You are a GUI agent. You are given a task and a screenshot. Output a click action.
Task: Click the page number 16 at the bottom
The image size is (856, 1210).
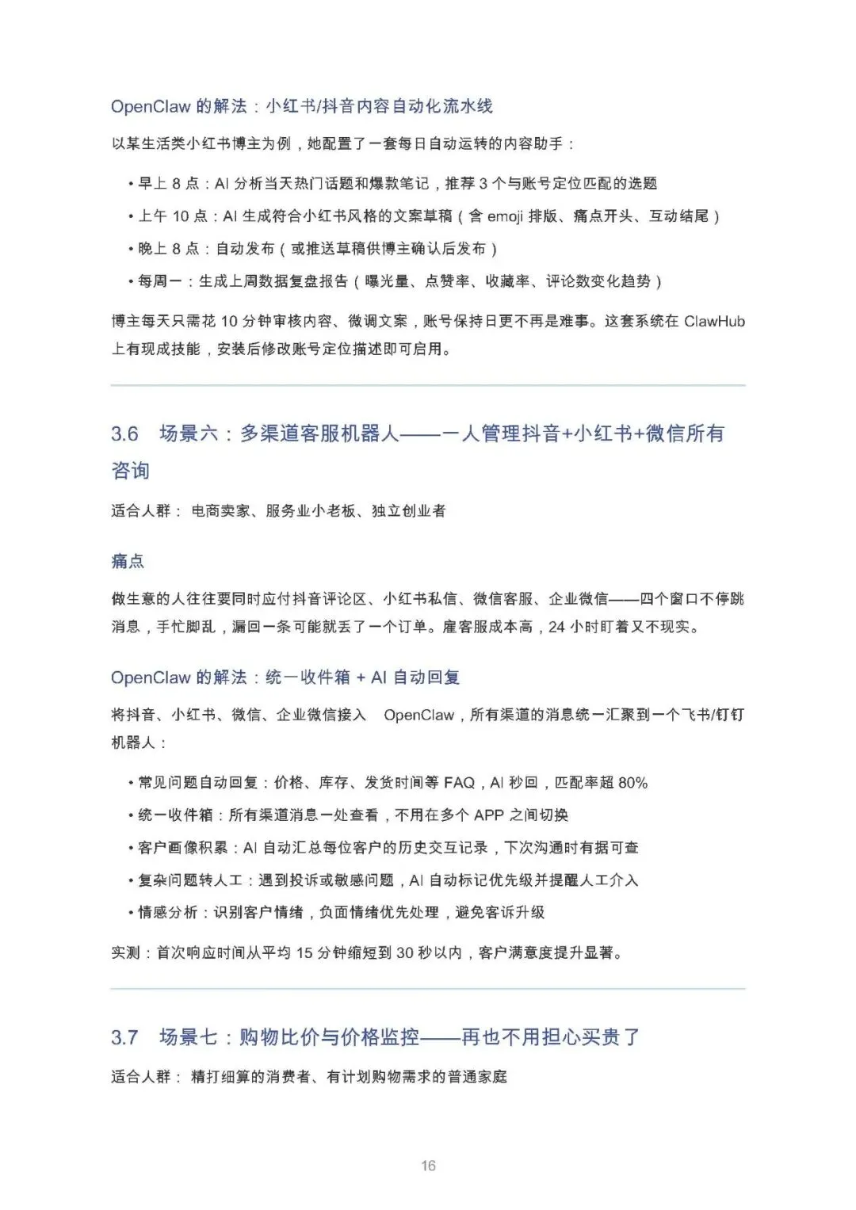pyautogui.click(x=428, y=1166)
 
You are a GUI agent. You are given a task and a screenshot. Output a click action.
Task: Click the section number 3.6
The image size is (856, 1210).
pyautogui.click(x=124, y=434)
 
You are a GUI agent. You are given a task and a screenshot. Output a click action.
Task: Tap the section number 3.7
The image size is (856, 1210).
pyautogui.click(x=124, y=1037)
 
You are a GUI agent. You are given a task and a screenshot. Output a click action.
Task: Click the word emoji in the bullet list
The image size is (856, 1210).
pyautogui.click(x=505, y=216)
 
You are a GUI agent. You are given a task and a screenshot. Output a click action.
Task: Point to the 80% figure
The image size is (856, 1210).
pyautogui.click(x=632, y=783)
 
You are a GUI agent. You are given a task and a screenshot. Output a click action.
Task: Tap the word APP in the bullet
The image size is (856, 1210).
pyautogui.click(x=489, y=815)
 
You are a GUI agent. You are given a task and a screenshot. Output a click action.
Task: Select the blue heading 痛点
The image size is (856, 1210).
pyautogui.click(x=128, y=562)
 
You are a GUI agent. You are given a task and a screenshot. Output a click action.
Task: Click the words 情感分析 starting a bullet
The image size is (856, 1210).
pyautogui.click(x=168, y=913)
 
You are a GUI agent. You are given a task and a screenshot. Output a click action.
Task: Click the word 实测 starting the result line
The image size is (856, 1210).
pyautogui.click(x=125, y=952)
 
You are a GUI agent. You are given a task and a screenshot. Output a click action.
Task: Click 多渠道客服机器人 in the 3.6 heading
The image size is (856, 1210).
pyautogui.click(x=319, y=434)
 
